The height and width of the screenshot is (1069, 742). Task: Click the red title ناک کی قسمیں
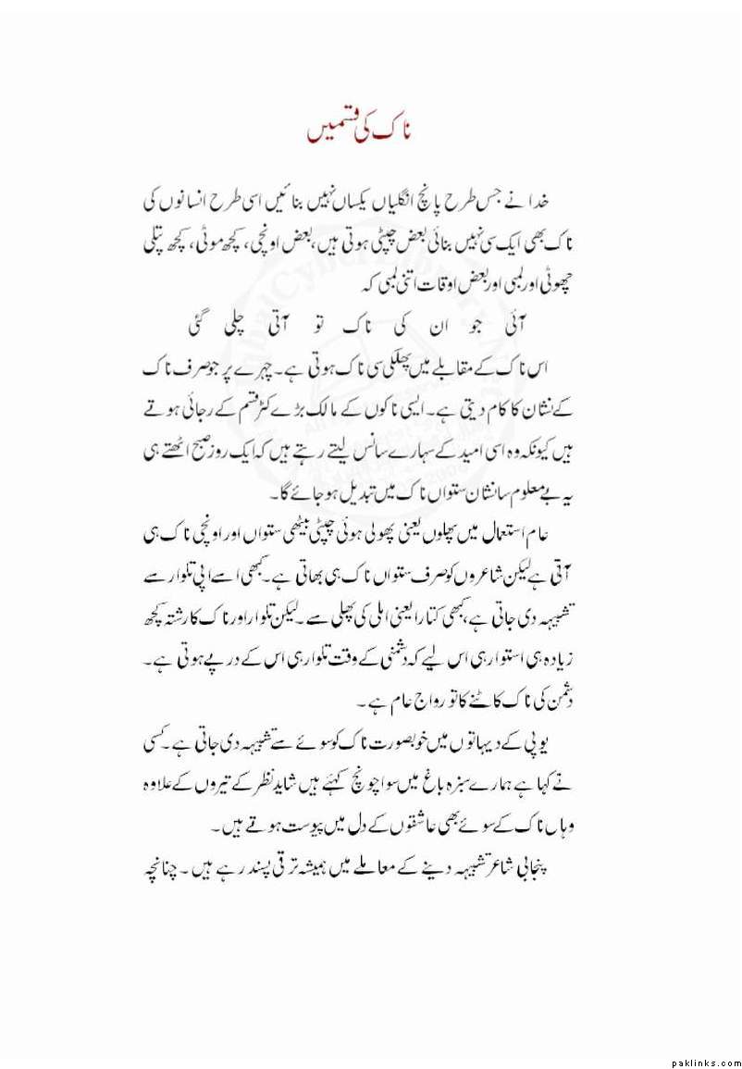coord(361,131)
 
